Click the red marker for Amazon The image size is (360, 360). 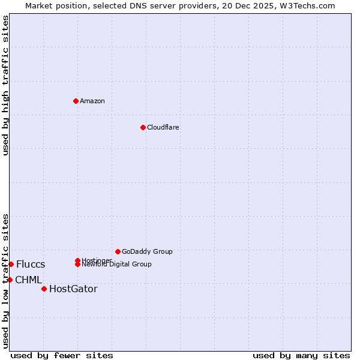(x=76, y=101)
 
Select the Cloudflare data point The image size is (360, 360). (x=143, y=127)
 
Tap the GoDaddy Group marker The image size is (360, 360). (x=118, y=251)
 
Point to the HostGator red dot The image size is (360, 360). (x=44, y=289)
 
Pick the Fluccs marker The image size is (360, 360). (x=11, y=264)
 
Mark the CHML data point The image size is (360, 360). (x=10, y=280)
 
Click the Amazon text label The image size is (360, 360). (x=92, y=101)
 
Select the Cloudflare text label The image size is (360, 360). (x=163, y=127)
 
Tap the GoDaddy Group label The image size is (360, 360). (x=147, y=251)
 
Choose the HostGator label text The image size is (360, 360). (x=73, y=289)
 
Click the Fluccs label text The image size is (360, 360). (x=31, y=264)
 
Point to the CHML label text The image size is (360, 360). (x=28, y=280)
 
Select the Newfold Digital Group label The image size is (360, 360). (x=117, y=265)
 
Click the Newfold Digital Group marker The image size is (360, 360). (x=77, y=264)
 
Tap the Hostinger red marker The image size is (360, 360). (x=77, y=260)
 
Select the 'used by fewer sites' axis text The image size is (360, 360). (x=62, y=355)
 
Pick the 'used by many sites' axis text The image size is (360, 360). (x=301, y=355)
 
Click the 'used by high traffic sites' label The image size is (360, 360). (x=5, y=85)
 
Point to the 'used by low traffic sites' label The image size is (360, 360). (x=5, y=281)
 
